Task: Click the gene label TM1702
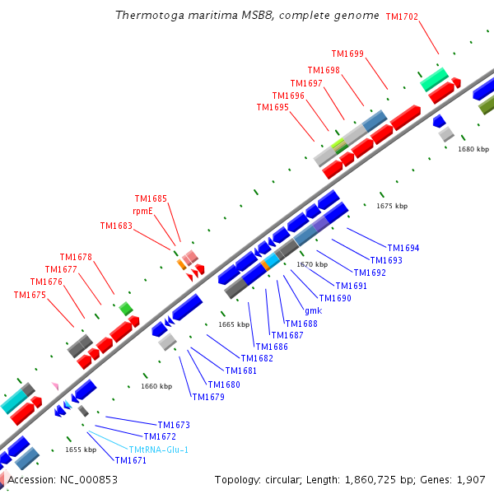402,16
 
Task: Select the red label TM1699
347,54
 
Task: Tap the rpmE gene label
142,211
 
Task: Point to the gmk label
314,311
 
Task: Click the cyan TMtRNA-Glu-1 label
158,450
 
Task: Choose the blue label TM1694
403,248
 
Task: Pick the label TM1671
131,460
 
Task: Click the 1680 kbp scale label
473,149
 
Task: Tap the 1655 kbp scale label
81,450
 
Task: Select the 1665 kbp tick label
234,324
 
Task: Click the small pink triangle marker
55,386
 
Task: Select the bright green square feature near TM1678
126,309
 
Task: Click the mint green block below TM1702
434,79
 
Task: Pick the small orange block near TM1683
181,264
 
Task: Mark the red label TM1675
30,295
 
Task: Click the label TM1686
272,347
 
